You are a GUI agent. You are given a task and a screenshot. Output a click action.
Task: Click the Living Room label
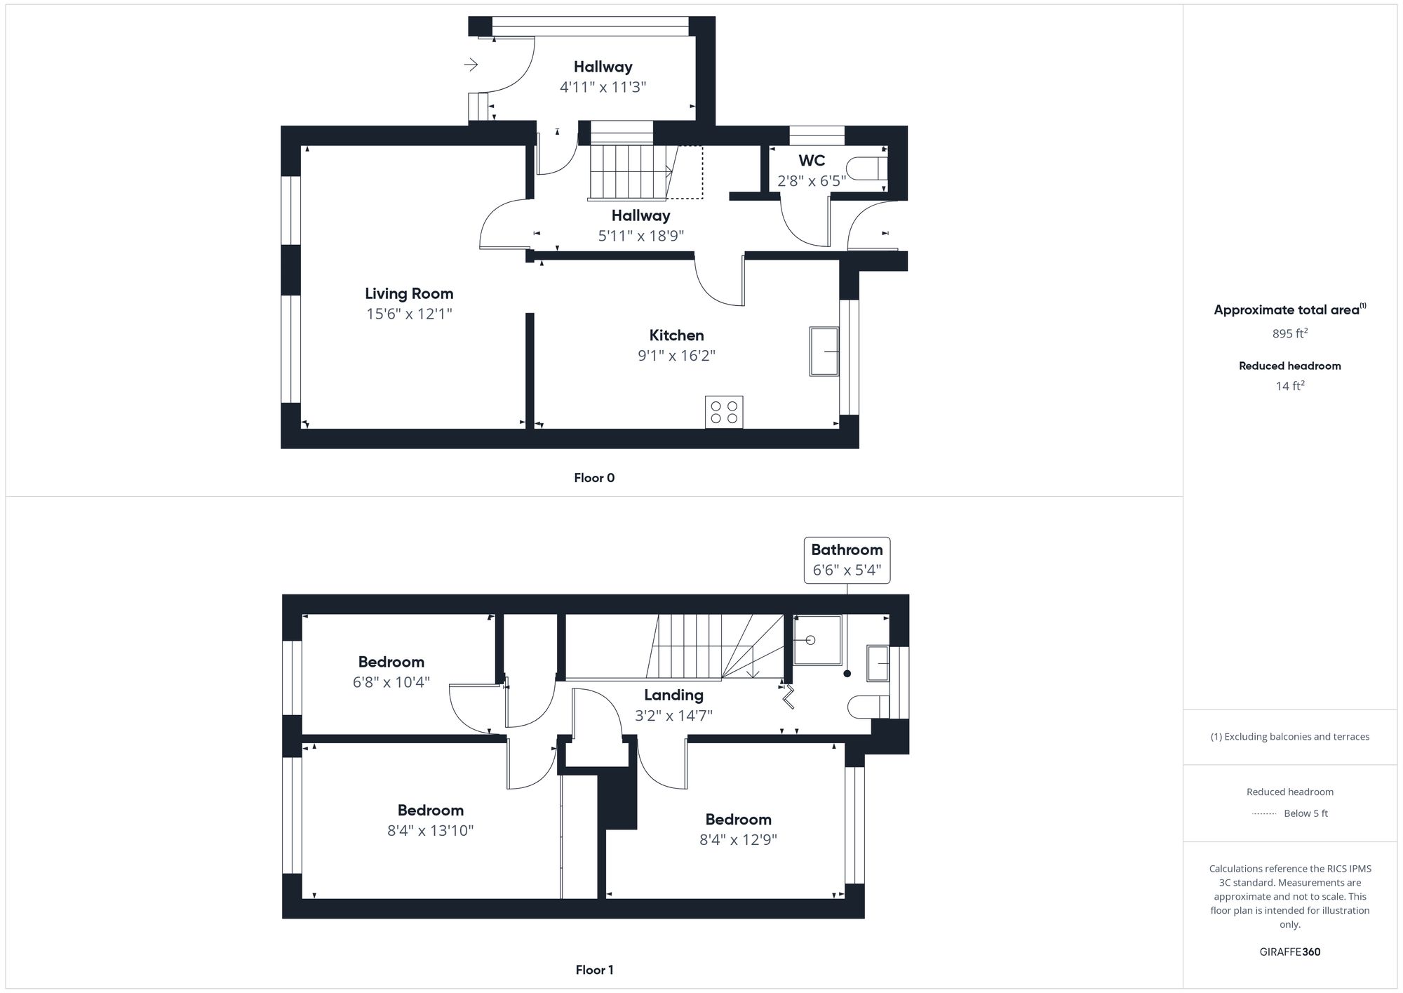(409, 293)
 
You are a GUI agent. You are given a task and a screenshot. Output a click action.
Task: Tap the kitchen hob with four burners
(724, 412)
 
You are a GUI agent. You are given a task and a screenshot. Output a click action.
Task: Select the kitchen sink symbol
(824, 351)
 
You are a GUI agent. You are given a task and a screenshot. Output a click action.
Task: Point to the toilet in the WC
(866, 169)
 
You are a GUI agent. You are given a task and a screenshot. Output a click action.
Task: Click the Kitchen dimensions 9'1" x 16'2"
(676, 356)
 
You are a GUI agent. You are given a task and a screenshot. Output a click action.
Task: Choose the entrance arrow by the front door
(471, 65)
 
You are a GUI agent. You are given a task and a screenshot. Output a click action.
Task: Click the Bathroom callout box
(847, 560)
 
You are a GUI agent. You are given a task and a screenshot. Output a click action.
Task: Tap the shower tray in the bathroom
(817, 640)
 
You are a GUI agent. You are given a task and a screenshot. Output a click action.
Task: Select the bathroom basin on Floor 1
(878, 663)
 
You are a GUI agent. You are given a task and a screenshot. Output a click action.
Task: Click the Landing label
(673, 695)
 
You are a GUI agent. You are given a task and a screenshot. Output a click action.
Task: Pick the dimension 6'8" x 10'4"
(391, 682)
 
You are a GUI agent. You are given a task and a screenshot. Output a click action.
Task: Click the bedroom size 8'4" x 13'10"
(430, 831)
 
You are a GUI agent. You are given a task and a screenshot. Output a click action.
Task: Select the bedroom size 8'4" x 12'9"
(738, 840)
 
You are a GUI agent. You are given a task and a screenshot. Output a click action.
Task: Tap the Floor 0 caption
(594, 478)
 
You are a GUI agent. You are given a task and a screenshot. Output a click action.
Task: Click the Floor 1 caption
(594, 970)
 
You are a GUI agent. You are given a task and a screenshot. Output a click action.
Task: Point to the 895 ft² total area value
(1289, 334)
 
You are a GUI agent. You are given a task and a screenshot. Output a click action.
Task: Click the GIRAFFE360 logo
(1289, 952)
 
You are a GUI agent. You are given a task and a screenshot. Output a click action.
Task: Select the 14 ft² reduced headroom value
(1289, 386)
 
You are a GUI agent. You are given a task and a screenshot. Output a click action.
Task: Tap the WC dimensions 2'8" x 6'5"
(812, 181)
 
